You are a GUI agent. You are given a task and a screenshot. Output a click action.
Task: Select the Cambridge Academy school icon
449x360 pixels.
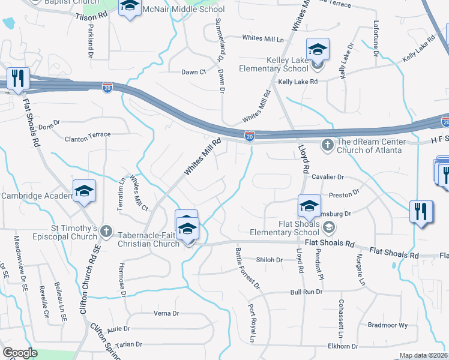85,191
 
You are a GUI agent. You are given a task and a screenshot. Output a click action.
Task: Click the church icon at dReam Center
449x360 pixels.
328,144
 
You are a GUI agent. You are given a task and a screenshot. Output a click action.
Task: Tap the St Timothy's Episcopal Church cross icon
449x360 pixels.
106,230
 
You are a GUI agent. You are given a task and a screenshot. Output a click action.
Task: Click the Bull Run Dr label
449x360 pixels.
306,292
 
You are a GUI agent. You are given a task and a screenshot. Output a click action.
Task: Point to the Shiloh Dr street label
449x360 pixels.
269,260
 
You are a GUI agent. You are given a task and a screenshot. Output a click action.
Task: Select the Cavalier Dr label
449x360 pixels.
328,177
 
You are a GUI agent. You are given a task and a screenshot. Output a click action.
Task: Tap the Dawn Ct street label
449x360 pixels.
194,72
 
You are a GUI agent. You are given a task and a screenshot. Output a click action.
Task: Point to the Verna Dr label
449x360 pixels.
167,313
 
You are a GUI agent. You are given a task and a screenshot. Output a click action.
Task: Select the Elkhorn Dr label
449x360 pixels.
343,346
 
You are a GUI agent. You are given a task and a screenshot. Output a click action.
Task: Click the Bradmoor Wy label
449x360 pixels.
387,325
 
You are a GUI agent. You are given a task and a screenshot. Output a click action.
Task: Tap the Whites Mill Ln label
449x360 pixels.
262,38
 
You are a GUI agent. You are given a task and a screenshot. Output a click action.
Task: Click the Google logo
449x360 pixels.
20,353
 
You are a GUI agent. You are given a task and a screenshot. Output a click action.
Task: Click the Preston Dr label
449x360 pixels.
343,193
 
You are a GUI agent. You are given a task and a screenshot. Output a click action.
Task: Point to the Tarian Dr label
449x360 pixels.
129,344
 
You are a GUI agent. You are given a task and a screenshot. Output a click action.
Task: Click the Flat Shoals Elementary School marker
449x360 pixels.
309,206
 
